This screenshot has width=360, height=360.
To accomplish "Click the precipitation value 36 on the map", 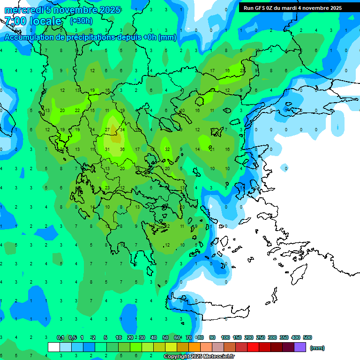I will [122, 150].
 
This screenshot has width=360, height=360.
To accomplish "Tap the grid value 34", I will [122, 130].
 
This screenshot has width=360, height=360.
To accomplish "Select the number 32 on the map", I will [167, 150].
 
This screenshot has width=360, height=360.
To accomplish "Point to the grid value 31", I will [107, 150].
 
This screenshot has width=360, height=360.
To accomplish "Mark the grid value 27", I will [107, 130].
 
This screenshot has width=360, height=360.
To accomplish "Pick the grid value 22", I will [77, 110].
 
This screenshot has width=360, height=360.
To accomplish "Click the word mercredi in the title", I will [24, 10].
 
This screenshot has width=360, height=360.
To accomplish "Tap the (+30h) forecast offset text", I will [81, 21].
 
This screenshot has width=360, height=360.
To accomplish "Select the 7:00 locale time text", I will [33, 21].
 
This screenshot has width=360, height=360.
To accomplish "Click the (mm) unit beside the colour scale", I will [317, 348].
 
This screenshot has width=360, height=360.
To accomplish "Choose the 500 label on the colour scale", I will [307, 337].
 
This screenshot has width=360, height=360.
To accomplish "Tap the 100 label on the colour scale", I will [225, 337].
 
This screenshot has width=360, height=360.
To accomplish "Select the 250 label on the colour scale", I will [261, 337].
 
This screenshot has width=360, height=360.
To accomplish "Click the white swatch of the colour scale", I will [54, 347].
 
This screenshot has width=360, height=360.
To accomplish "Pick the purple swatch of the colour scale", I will [300, 347].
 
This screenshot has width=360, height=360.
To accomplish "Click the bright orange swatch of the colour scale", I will [195, 347].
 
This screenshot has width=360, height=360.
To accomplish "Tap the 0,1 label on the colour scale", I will [60, 337].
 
